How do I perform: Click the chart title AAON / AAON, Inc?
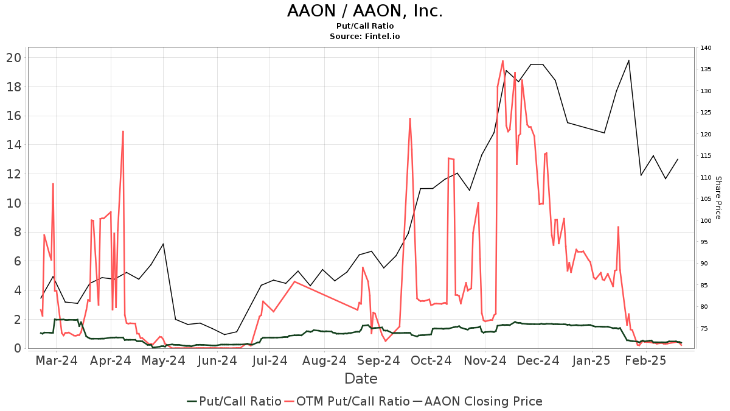pyautogui.click(x=365, y=11)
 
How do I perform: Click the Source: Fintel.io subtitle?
pyautogui.click(x=365, y=36)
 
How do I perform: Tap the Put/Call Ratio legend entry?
pyautogui.click(x=234, y=401)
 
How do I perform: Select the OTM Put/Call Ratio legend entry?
pyautogui.click(x=347, y=401)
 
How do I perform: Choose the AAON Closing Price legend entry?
pyautogui.click(x=478, y=401)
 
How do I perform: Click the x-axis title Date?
pyautogui.click(x=361, y=379)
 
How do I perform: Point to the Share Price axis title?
pyautogui.click(x=718, y=198)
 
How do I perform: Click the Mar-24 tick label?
pyautogui.click(x=57, y=360)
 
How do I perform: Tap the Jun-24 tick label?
pyautogui.click(x=218, y=360)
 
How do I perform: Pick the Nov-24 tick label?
pyautogui.click(x=485, y=360)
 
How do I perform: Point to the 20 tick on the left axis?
pyautogui.click(x=14, y=58)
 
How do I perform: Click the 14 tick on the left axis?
pyautogui.click(x=14, y=145)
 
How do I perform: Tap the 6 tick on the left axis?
pyautogui.click(x=18, y=261)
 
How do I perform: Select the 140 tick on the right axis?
pyautogui.click(x=706, y=48)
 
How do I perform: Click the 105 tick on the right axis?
pyautogui.click(x=706, y=199)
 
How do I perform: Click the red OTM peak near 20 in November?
pyautogui.click(x=502, y=61)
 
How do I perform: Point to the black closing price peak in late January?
pyautogui.click(x=628, y=60)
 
